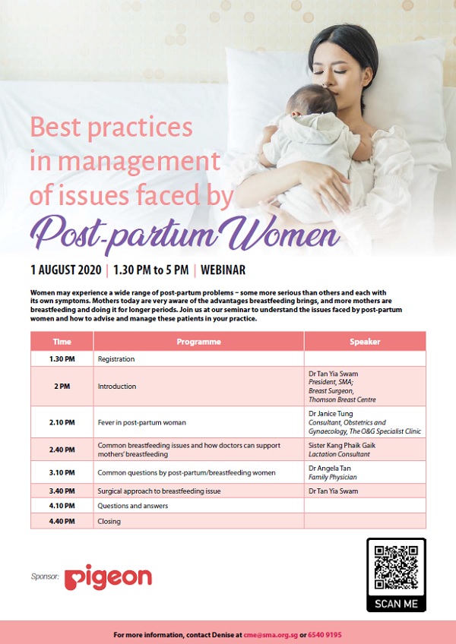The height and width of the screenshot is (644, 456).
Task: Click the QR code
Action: coord(396,567)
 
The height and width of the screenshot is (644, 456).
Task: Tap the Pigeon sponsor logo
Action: coord(108,577)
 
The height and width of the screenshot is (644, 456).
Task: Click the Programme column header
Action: coord(198,342)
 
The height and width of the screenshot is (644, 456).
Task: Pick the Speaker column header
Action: coord(365,342)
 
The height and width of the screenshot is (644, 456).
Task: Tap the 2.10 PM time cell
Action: coord(62,422)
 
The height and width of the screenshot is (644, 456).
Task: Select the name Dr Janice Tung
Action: coord(331,414)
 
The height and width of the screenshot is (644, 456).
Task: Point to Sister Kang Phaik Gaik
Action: coord(342,445)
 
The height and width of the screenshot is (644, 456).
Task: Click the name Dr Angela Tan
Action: coord(329,469)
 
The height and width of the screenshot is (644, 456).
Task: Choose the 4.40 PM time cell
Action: coord(62,521)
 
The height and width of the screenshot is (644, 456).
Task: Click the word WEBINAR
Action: coord(223,270)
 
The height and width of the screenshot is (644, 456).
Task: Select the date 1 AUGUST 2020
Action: coord(66,270)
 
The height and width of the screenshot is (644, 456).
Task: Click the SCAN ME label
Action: coord(396,603)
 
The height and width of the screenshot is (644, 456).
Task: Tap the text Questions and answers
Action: coord(133,506)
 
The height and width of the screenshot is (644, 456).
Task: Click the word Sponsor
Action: coord(45,576)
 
